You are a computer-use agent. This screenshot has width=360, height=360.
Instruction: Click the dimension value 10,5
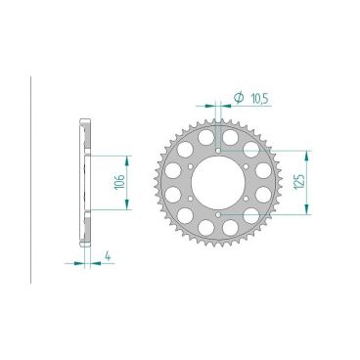tap(258, 98)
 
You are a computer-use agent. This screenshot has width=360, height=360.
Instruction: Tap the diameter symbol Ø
tap(238, 98)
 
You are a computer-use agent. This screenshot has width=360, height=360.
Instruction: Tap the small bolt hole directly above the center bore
tap(216, 151)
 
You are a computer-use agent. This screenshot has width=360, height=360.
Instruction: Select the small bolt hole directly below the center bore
tap(216, 211)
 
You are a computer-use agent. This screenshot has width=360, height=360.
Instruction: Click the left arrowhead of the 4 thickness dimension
tap(79, 261)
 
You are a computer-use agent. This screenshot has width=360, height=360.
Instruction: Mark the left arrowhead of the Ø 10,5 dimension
tap(208, 102)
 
